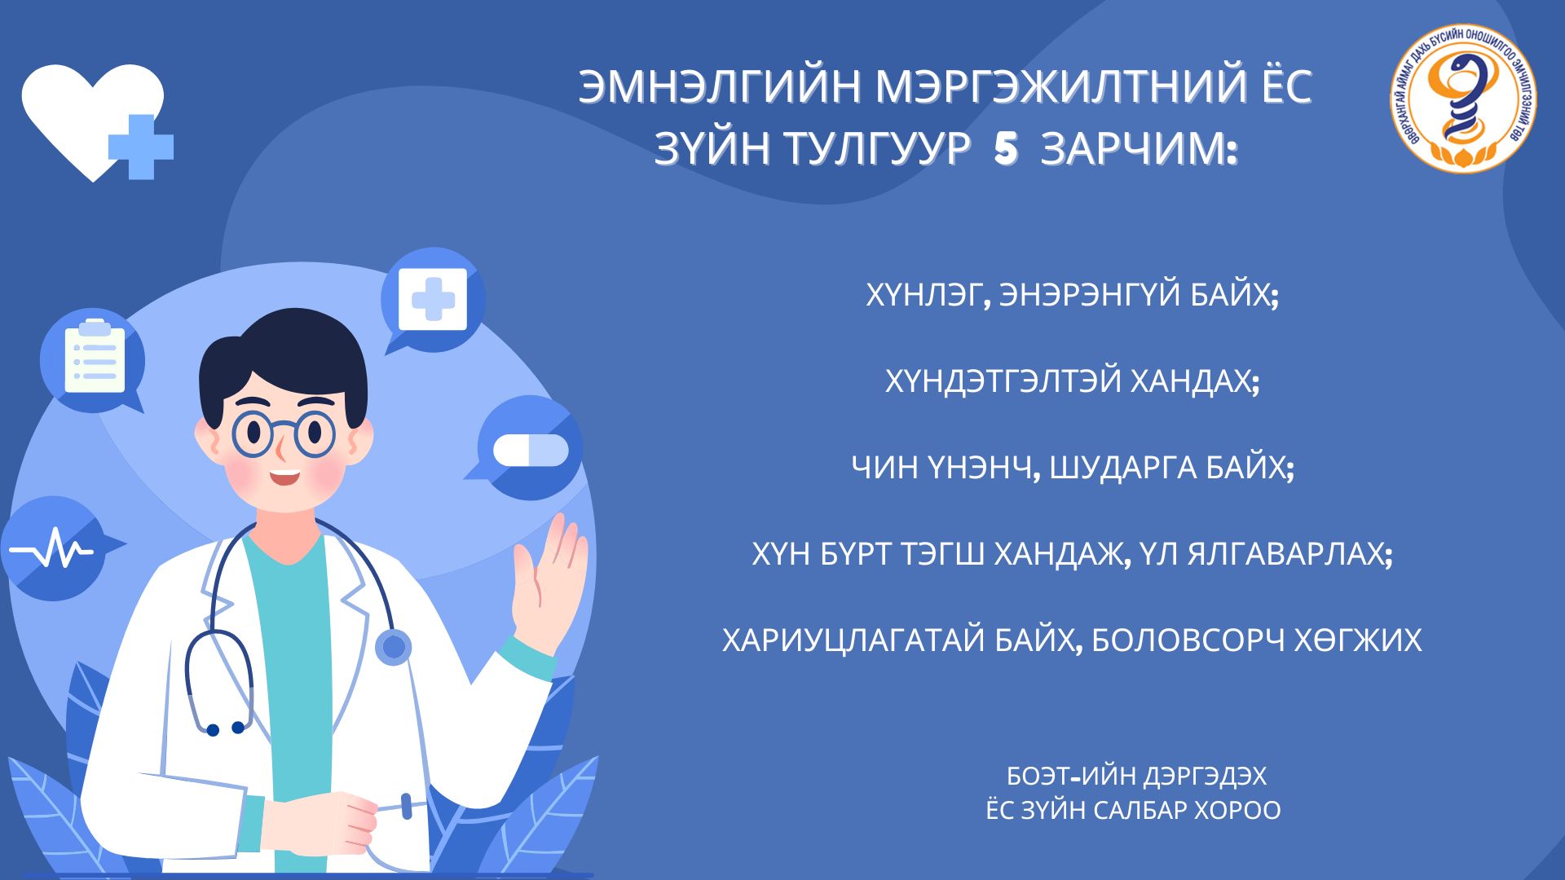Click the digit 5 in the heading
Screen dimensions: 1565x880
(x=1006, y=150)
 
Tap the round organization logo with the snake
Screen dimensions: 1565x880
(x=1464, y=98)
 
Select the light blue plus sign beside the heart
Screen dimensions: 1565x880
(x=141, y=147)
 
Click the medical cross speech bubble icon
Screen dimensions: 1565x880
(x=433, y=300)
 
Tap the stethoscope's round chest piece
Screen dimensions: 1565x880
(x=394, y=647)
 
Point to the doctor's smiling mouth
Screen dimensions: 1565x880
(x=285, y=475)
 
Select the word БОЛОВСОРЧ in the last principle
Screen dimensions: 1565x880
(x=1187, y=640)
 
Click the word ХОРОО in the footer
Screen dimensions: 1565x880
(x=1237, y=811)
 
